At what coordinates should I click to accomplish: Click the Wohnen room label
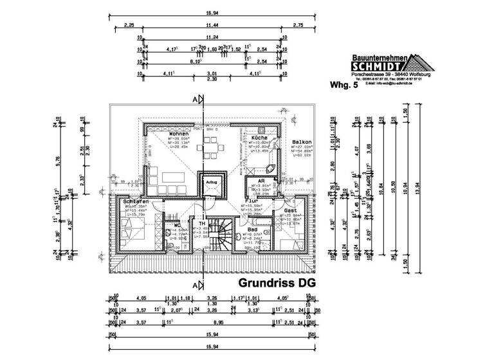[x=160, y=133]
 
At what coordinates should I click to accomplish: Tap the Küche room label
[x=260, y=138]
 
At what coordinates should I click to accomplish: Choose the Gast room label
[x=289, y=210]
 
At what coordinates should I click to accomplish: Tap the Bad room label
[x=252, y=228]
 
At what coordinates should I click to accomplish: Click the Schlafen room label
[x=136, y=201]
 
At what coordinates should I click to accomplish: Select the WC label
[x=175, y=226]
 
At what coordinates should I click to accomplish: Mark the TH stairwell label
[x=201, y=223]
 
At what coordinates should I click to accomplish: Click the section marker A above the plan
[x=195, y=100]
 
